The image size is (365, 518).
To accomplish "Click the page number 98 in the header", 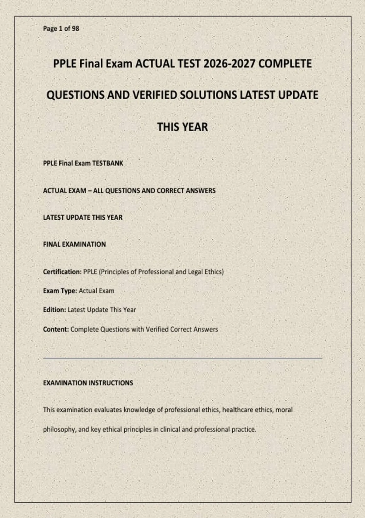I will coord(76,29).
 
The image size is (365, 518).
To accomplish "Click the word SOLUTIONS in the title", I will coord(208,95).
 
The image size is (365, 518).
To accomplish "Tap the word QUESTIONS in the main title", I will coord(75,95).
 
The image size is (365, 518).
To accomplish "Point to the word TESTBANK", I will coord(108,163).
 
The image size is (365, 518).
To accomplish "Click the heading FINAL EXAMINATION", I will coord(75,244).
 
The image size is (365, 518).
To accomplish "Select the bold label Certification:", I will coord(62,272).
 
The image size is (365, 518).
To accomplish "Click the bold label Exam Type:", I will coord(60,291).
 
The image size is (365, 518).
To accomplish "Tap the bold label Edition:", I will coord(54,310).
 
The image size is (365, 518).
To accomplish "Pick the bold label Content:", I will coord(56,329).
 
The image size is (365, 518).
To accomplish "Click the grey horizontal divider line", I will coord(182,359).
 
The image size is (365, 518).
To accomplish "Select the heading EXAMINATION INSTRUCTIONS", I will coord(88,383).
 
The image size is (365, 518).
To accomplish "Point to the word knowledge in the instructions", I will coord(139,410).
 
